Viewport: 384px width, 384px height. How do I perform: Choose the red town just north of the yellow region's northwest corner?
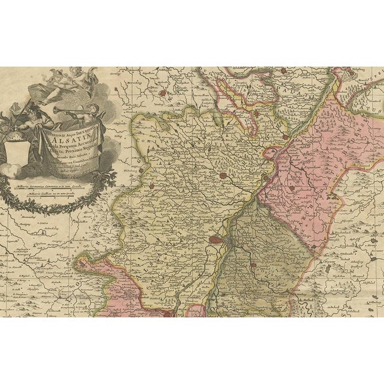coord(163,94)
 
